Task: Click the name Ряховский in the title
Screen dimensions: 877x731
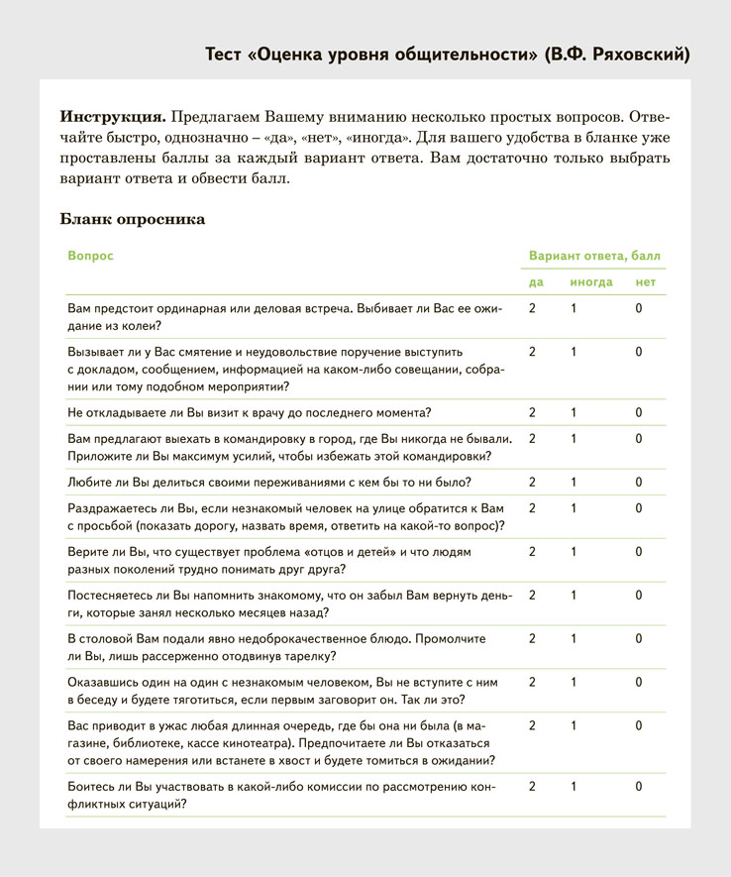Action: (632, 54)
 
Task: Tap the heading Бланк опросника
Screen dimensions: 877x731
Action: (133, 219)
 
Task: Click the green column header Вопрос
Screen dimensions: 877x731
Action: (90, 256)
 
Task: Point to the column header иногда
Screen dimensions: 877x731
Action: (590, 282)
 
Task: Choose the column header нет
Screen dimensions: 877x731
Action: (646, 282)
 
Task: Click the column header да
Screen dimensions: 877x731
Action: (536, 282)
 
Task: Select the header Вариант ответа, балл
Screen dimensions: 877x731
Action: (594, 256)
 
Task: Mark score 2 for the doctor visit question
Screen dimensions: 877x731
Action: (532, 412)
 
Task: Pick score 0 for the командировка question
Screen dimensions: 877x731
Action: (639, 438)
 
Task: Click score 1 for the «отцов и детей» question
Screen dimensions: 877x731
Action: (574, 551)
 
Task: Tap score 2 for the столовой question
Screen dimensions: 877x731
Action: (532, 638)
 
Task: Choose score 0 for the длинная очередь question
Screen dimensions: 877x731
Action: (639, 725)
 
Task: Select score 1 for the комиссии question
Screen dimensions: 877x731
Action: (574, 787)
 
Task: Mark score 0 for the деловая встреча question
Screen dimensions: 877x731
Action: (639, 308)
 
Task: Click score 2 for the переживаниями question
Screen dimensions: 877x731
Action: (532, 483)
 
